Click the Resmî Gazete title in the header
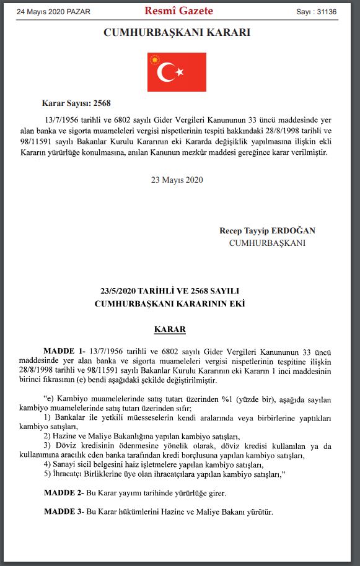pos(178,11)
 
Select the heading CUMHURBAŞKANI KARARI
pos(177,33)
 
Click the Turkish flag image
pos(177,72)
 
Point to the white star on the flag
pos(180,72)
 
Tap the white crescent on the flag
pos(165,72)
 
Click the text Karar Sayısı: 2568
pos(76,103)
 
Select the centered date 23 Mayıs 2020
pos(177,180)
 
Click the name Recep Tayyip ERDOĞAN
pos(267,230)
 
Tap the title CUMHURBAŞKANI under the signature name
pos(267,243)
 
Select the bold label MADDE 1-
pos(65,350)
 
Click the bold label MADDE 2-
pos(64,493)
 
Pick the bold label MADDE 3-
pos(64,513)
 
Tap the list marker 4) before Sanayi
pos(47,464)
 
